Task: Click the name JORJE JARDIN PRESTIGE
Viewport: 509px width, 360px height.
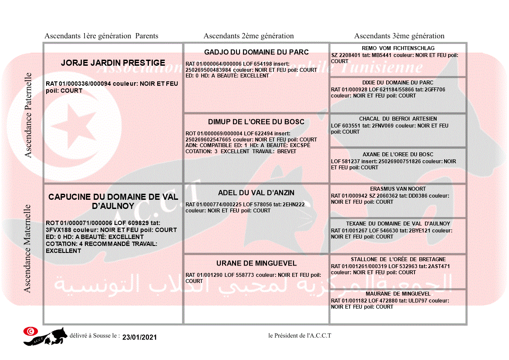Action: [x=113, y=63]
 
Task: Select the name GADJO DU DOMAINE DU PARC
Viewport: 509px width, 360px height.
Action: [x=256, y=52]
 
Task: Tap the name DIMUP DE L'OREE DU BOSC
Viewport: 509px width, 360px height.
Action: [x=256, y=122]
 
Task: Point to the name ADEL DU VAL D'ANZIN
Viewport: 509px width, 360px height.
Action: [x=256, y=193]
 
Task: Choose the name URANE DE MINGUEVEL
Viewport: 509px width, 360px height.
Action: [x=256, y=263]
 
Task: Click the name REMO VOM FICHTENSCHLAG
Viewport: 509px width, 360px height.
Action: [x=398, y=48]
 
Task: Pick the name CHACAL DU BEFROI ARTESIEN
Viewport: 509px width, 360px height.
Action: [x=398, y=119]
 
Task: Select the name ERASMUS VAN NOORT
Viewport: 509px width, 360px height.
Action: [x=398, y=189]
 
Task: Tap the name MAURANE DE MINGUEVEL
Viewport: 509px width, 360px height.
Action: [x=398, y=294]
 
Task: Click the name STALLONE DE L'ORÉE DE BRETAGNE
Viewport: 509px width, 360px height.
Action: [x=398, y=259]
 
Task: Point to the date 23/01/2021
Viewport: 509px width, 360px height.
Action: [x=139, y=337]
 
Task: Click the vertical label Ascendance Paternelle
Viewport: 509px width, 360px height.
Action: [x=28, y=115]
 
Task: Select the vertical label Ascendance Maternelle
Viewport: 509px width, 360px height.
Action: [x=27, y=248]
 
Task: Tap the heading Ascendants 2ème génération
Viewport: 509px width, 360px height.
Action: [x=249, y=36]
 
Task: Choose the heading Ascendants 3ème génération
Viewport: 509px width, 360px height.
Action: [x=399, y=36]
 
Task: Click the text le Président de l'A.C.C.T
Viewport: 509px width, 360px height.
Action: [x=300, y=336]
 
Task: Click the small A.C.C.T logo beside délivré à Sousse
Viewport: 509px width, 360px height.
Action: [x=45, y=336]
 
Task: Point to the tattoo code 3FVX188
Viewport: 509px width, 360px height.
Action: [x=58, y=230]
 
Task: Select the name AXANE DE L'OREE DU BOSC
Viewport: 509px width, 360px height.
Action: [x=398, y=155]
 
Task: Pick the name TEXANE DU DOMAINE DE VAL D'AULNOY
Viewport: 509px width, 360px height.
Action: [x=398, y=224]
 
